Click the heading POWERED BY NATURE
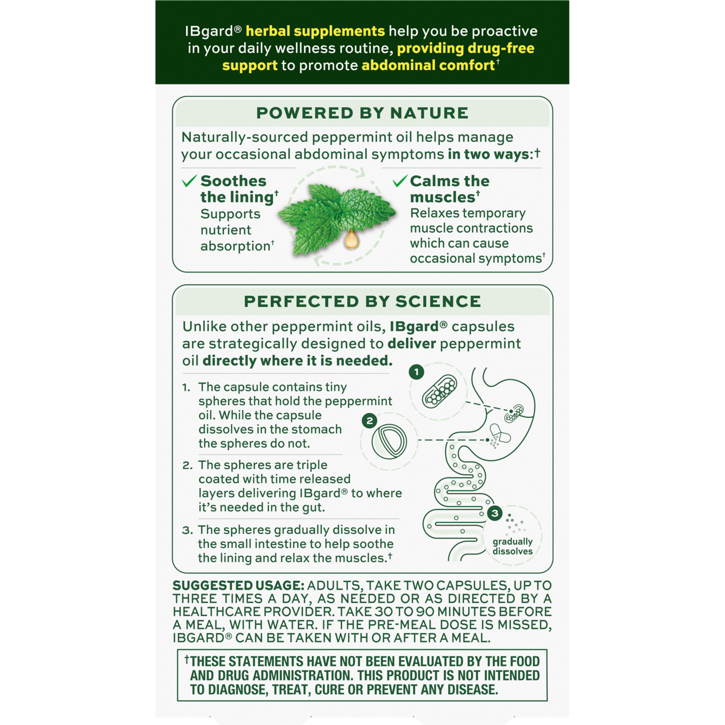(362, 113)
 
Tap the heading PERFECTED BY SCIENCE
(362, 302)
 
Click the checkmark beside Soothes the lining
(189, 181)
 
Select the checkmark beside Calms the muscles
(400, 181)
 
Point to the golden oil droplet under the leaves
(352, 239)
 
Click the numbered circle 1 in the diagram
(416, 372)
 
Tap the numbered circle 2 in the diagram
(370, 420)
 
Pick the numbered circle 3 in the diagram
(494, 513)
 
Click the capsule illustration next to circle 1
(439, 391)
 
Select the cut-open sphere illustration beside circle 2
(389, 441)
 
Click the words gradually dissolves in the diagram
(512, 547)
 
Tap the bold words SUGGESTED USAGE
(238, 586)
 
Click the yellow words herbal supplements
(315, 31)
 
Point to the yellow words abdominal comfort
(428, 66)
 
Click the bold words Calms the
(449, 181)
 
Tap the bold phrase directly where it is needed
(297, 361)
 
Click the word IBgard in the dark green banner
(209, 31)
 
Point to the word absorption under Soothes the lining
(235, 246)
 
